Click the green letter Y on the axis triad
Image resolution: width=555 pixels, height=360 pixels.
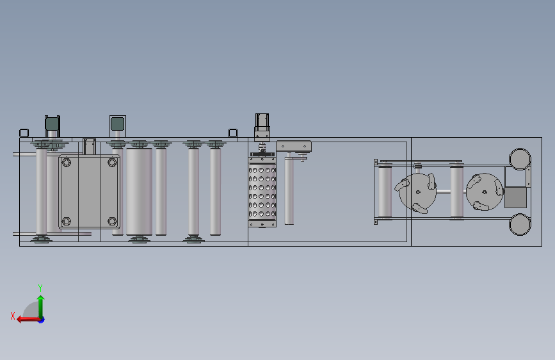[40, 288]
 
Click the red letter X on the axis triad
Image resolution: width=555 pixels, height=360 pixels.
[13, 316]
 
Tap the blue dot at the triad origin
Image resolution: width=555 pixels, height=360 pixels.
[42, 320]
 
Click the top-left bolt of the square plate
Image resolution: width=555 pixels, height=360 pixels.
[66, 163]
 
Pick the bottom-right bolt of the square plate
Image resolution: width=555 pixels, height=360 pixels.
[112, 222]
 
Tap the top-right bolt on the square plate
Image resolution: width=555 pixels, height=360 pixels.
[112, 163]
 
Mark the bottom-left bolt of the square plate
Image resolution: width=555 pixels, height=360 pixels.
[66, 222]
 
